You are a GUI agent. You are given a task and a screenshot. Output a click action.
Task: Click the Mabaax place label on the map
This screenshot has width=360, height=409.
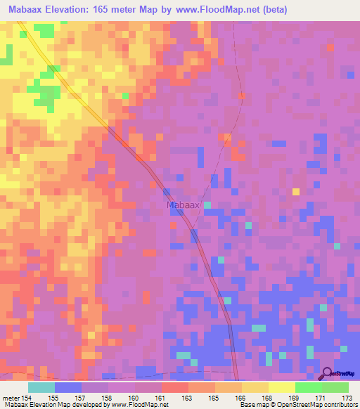click(x=184, y=205)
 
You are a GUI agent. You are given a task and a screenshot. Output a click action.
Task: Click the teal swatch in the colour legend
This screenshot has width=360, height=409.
click(x=41, y=387)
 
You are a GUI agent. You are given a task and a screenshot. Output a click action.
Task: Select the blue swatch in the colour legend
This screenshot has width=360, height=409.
click(x=68, y=387)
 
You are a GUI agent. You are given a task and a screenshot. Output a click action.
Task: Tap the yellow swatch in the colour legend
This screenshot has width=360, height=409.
click(x=282, y=387)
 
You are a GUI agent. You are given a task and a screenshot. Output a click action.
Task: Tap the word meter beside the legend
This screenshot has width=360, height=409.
click(x=11, y=397)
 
